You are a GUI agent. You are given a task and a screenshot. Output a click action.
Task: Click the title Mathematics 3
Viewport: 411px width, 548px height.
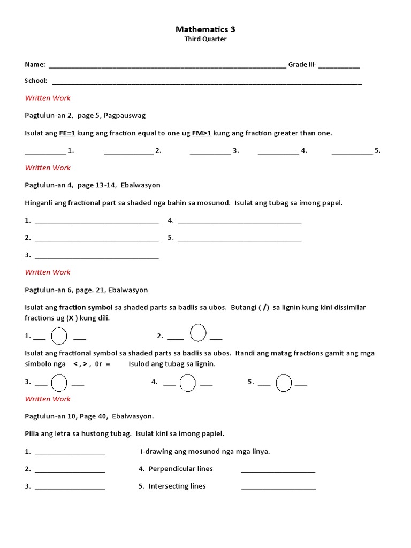coord(205,29)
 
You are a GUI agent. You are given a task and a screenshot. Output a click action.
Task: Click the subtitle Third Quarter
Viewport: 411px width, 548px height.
coord(205,39)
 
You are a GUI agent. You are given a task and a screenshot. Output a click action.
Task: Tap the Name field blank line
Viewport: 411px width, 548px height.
coord(167,65)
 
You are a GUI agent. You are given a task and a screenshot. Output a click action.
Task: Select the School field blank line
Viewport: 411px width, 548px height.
coord(207,82)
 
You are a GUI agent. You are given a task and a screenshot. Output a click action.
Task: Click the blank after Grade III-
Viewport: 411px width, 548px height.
coord(339,65)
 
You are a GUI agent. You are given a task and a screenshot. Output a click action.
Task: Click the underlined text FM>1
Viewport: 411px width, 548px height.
coord(202,133)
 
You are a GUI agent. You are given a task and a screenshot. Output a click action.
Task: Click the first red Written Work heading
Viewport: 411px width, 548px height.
coord(48,98)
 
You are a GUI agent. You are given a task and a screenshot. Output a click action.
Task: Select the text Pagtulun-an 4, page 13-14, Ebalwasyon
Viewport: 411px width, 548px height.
coord(93,185)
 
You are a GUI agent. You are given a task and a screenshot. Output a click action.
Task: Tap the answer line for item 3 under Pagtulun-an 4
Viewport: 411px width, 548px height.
coord(96,256)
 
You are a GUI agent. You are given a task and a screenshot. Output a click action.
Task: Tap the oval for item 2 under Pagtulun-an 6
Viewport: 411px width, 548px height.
coord(198,333)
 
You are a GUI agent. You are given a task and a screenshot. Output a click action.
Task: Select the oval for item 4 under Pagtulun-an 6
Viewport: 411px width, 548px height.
coord(187,383)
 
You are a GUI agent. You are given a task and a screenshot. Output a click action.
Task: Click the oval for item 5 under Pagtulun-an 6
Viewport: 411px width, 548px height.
coord(284,383)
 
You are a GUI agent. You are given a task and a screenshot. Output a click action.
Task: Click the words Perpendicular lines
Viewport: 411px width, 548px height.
coord(180,469)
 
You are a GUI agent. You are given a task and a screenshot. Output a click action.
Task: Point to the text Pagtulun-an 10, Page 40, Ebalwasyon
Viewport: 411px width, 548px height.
coord(89,416)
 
